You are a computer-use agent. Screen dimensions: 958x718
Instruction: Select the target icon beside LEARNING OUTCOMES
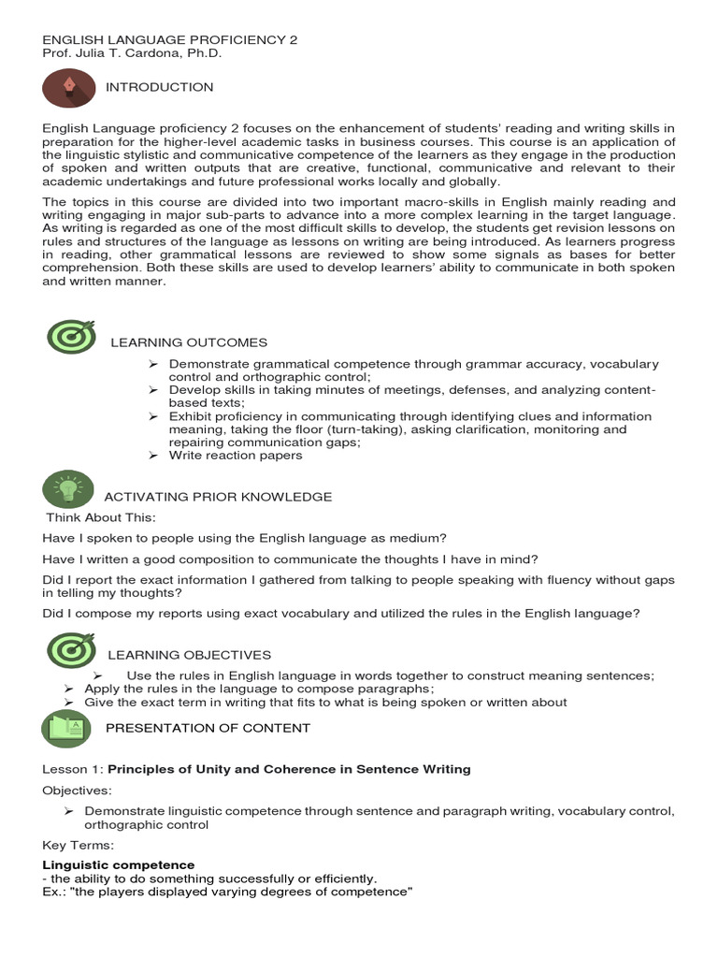click(x=71, y=337)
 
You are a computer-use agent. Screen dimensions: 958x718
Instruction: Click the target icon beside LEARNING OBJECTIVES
click(x=71, y=650)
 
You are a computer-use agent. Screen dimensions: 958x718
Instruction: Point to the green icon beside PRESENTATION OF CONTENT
click(x=68, y=728)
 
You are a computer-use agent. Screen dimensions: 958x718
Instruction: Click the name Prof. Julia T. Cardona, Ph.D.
click(x=133, y=53)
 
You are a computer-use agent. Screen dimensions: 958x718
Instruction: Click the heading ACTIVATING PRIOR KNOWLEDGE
click(x=218, y=497)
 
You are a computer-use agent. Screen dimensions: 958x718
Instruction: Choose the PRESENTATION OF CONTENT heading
click(x=208, y=728)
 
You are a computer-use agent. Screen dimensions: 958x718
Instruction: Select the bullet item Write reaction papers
click(x=236, y=456)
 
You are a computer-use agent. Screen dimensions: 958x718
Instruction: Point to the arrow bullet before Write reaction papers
click(x=154, y=456)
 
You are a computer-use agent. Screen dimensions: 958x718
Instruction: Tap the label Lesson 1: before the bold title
click(x=73, y=769)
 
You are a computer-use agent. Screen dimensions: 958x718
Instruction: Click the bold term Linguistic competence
click(x=119, y=865)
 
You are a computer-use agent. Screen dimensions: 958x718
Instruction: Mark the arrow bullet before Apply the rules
click(x=69, y=689)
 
